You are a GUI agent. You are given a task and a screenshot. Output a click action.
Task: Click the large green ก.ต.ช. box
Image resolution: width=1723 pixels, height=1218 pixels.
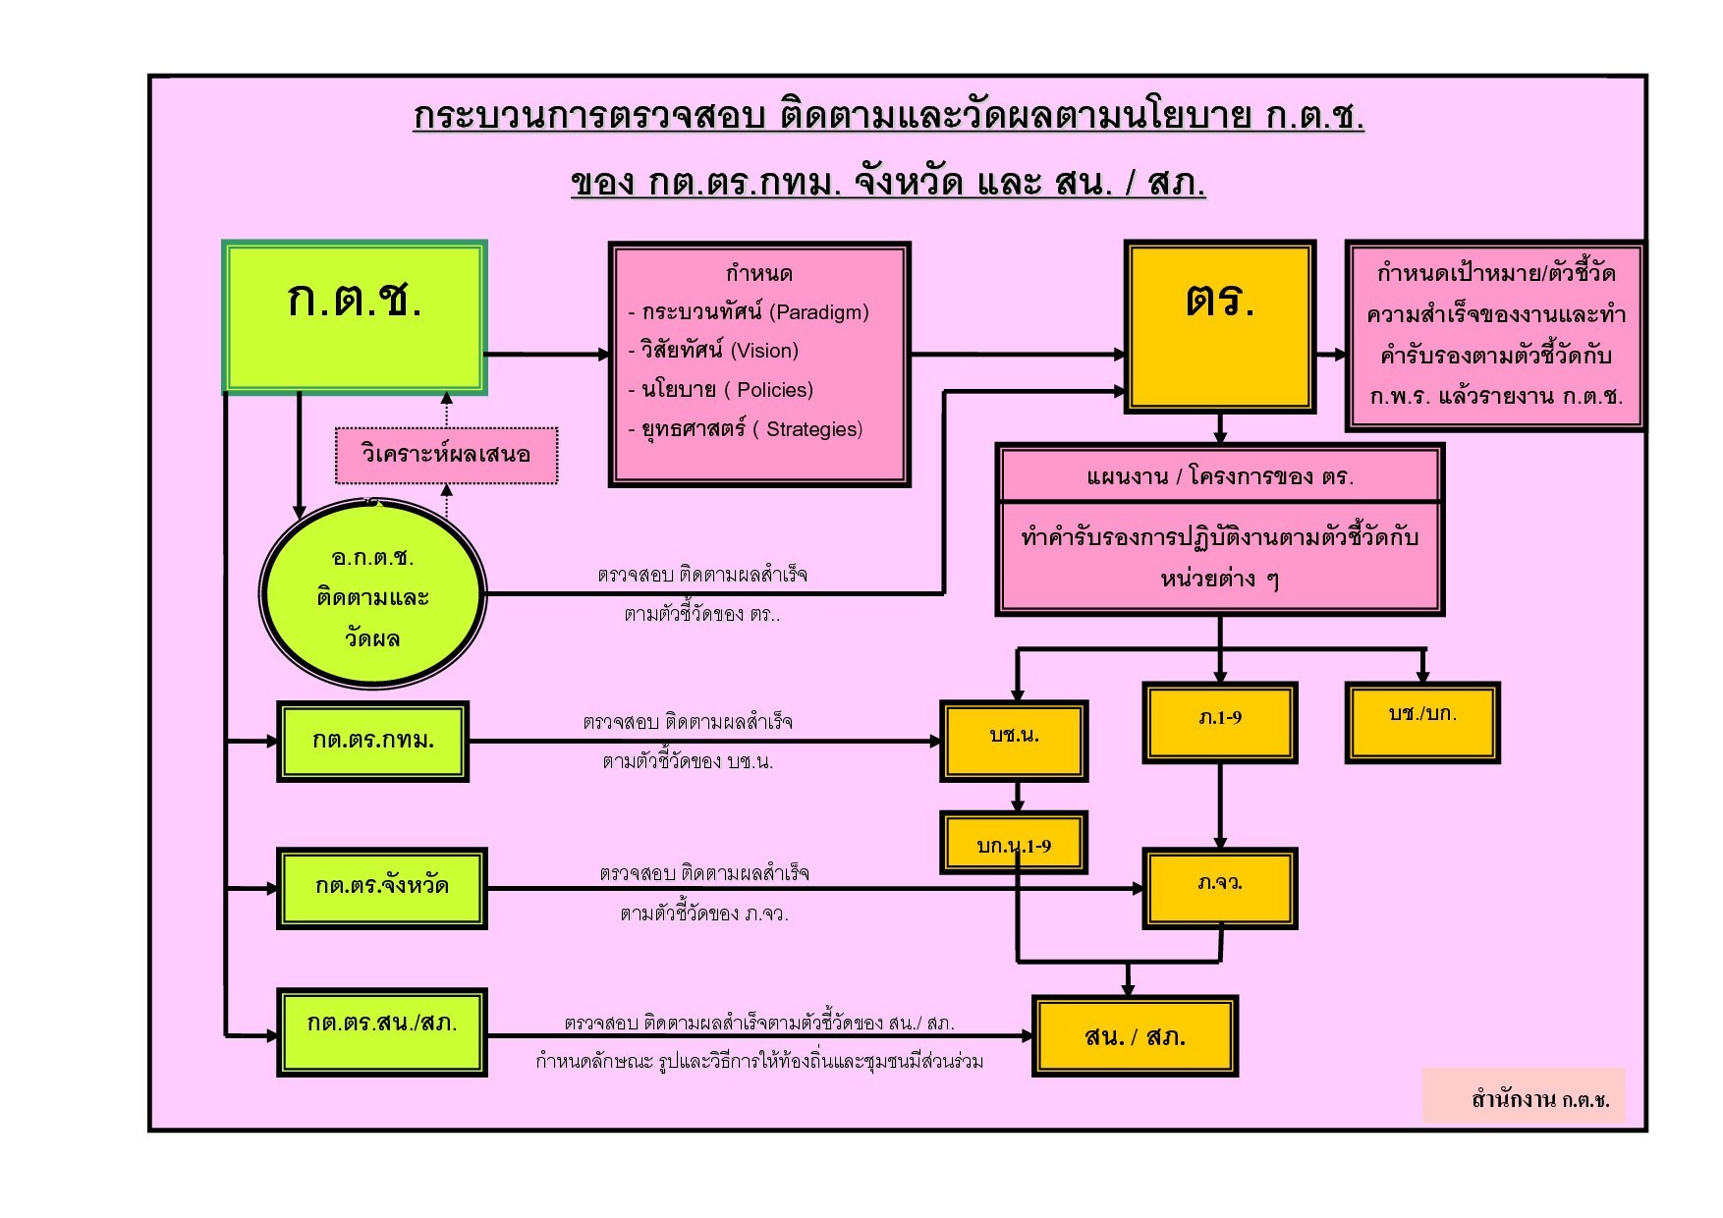[355, 316]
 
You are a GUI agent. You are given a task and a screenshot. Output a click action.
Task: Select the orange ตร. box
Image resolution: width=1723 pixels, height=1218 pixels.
[1220, 326]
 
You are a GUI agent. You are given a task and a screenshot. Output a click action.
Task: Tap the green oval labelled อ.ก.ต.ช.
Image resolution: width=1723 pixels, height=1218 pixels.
[372, 595]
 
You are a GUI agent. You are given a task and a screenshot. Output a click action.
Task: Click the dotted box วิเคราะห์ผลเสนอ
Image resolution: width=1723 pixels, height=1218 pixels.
[446, 455]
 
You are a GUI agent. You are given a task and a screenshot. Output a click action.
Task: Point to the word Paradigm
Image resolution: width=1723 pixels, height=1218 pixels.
[819, 312]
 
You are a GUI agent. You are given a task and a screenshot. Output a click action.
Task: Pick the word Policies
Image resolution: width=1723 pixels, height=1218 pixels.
[774, 390]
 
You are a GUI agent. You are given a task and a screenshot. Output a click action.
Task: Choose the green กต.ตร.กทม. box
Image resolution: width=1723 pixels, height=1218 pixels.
[372, 742]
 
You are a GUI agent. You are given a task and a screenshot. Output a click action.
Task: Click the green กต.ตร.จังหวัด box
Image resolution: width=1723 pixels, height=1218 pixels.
[381, 887]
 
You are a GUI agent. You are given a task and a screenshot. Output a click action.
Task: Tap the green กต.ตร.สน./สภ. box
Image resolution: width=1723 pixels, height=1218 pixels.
[381, 1031]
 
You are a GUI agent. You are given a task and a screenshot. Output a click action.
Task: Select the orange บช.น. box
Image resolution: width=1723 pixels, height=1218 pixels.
[1014, 741]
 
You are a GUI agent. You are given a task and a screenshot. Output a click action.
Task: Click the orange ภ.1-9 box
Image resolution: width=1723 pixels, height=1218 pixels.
[1220, 722]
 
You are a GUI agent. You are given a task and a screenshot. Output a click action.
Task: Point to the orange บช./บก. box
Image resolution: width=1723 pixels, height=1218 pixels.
[1422, 721]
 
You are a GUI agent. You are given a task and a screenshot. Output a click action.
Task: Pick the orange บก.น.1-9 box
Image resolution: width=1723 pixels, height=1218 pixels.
[1014, 844]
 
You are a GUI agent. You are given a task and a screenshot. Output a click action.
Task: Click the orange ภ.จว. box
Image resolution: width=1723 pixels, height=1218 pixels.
[1220, 887]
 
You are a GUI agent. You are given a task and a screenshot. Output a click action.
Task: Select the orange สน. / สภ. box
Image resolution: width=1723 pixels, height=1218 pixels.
[1135, 1036]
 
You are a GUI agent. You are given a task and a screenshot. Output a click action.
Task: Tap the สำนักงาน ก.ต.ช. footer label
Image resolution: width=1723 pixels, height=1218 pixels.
[1539, 1099]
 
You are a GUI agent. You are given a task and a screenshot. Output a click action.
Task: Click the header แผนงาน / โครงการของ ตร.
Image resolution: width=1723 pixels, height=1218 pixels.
[1220, 477]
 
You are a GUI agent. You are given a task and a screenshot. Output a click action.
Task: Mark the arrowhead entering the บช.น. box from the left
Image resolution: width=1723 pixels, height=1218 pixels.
[936, 742]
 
